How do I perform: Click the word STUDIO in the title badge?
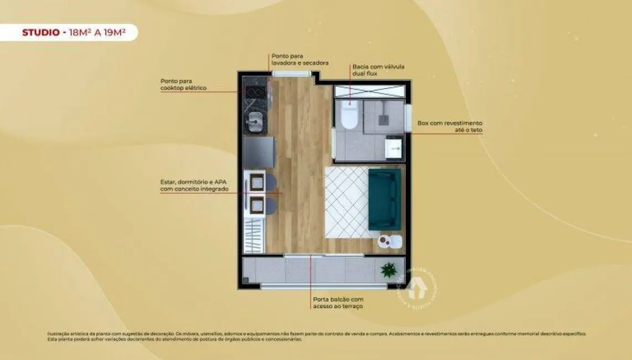(x=40, y=33)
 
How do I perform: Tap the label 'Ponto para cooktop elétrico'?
(x=184, y=84)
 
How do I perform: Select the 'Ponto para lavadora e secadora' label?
(x=299, y=59)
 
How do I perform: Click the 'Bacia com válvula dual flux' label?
(x=378, y=70)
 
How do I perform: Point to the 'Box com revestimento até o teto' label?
(x=449, y=126)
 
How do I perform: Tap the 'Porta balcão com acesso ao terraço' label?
(x=338, y=302)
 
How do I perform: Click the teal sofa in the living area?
(x=384, y=199)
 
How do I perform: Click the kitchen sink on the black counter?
(x=255, y=122)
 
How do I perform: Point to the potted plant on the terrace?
(x=388, y=270)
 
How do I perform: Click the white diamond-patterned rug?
(x=346, y=202)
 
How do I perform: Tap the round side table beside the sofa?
(x=384, y=241)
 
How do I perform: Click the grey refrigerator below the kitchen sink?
(x=258, y=152)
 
